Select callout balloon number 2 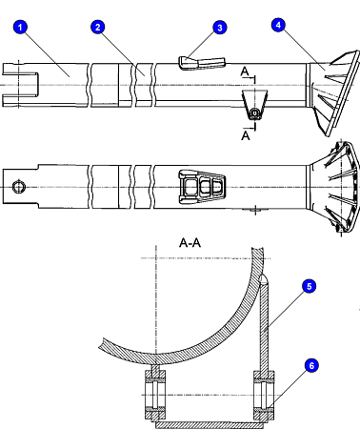coord(96,28)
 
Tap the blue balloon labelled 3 coord(221,28)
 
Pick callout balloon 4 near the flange coord(277,24)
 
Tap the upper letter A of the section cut coord(246,71)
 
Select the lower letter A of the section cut coord(246,135)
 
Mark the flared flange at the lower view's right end coord(338,186)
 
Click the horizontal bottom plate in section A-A coord(210,417)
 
